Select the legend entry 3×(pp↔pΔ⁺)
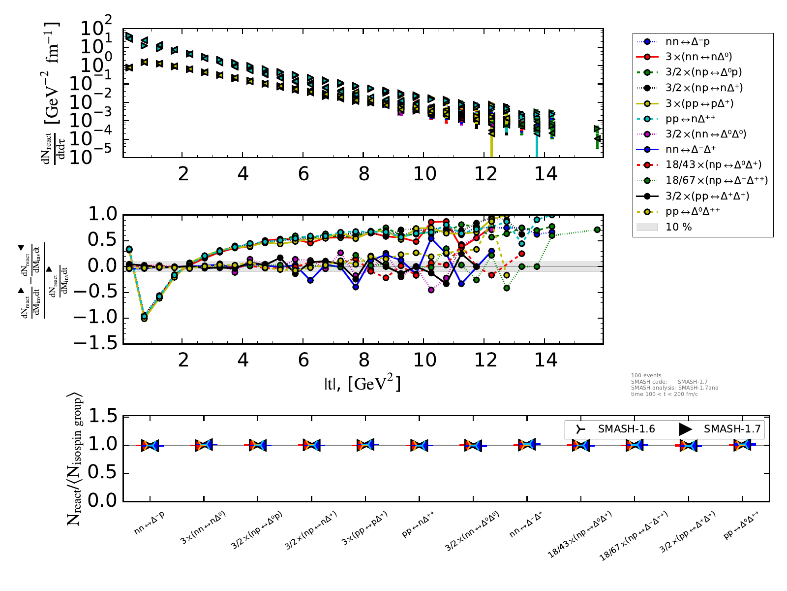point(699,103)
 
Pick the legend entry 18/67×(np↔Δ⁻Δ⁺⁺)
point(716,180)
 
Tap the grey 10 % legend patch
point(647,227)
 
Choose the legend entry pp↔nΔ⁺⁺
point(690,119)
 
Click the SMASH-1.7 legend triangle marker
point(685,429)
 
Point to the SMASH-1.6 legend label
point(626,429)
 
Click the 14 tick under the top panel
point(545,174)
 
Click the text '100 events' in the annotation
point(646,375)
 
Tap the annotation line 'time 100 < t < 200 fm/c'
point(664,394)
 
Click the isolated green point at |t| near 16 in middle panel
point(597,230)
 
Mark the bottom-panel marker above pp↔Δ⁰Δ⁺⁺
point(742,445)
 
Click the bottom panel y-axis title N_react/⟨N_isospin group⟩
point(74,458)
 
